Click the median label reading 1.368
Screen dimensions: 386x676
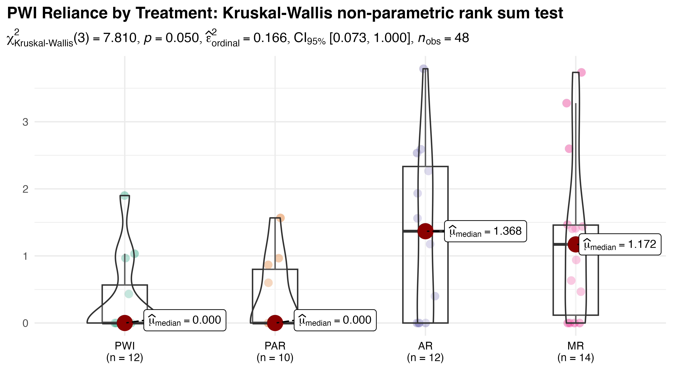(x=485, y=231)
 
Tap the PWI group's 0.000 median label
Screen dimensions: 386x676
(x=185, y=320)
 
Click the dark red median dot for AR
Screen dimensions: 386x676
(x=425, y=231)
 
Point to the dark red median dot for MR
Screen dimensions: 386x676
(x=575, y=244)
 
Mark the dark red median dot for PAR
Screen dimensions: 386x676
(x=275, y=323)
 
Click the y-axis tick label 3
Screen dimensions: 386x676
(x=25, y=122)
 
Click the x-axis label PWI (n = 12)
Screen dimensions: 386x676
(x=125, y=352)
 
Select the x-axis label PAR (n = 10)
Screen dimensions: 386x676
(x=275, y=352)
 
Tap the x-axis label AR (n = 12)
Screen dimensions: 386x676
(x=425, y=352)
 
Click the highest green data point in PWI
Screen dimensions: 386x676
(x=124, y=196)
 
